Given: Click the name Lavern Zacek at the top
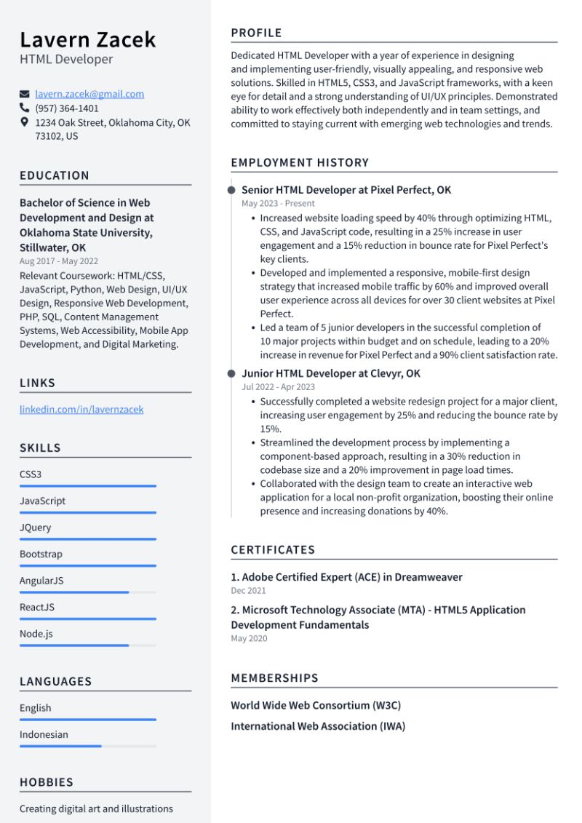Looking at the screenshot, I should [x=87, y=39].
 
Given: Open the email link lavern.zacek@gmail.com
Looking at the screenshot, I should [x=89, y=94].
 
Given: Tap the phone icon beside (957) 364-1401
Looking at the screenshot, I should [x=25, y=108].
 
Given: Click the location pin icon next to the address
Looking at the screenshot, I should [x=25, y=123].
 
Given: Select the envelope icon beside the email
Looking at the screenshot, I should [x=25, y=94].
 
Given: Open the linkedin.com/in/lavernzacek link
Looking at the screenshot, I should [x=81, y=410].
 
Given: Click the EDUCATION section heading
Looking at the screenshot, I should [x=55, y=175].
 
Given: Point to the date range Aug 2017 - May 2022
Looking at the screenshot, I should [x=59, y=261].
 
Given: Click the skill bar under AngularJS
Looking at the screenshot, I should [x=87, y=592].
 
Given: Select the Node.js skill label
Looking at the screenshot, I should [x=36, y=634].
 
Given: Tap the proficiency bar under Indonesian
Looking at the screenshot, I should [x=87, y=746].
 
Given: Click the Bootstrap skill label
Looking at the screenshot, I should [x=41, y=554].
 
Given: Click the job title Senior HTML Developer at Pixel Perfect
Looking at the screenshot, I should [x=346, y=190].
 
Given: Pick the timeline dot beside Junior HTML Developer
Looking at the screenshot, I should [x=231, y=373].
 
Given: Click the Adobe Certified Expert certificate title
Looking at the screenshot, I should [x=346, y=577].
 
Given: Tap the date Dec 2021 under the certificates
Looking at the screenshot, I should [x=248, y=591].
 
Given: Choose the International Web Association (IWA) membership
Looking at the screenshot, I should [x=318, y=726].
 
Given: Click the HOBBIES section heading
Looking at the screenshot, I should [x=47, y=782].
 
